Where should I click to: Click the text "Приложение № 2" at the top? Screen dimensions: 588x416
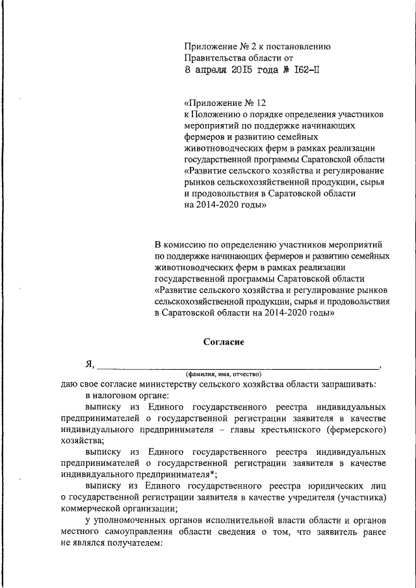[x=217, y=46]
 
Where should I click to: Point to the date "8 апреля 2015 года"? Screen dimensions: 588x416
[x=233, y=71]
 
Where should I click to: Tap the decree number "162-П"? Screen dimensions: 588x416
[x=305, y=71]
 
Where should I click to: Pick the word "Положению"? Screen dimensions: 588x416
[x=220, y=114]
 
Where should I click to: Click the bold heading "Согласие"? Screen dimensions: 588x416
[x=224, y=341]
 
